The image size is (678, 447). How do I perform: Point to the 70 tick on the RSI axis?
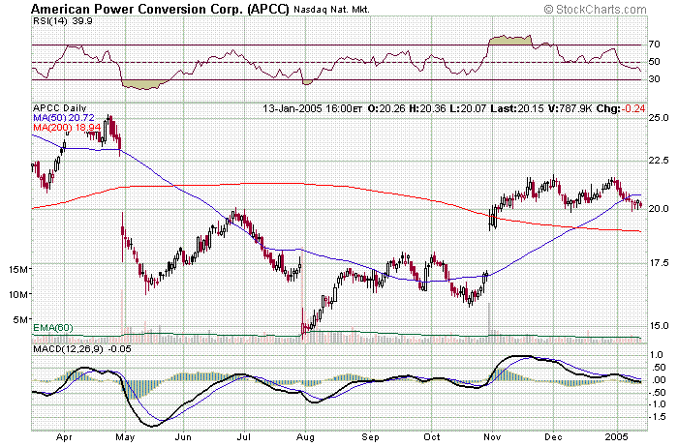tap(655, 45)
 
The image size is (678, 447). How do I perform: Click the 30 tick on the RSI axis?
tap(655, 79)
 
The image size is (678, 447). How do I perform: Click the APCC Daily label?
tap(60, 107)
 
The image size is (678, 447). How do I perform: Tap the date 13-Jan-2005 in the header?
tap(291, 107)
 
